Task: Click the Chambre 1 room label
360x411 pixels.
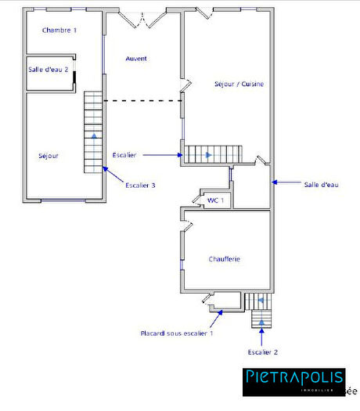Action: pyautogui.click(x=59, y=30)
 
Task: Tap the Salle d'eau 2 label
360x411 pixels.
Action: pyautogui.click(x=49, y=70)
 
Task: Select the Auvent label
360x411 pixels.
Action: pyautogui.click(x=136, y=59)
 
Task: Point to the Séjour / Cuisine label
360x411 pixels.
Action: pyautogui.click(x=239, y=84)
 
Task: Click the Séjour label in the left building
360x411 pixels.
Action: pyautogui.click(x=49, y=156)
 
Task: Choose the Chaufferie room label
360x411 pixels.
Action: pyautogui.click(x=224, y=259)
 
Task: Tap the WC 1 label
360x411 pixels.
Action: pyautogui.click(x=215, y=200)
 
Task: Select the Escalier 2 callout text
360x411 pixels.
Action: pyautogui.click(x=262, y=352)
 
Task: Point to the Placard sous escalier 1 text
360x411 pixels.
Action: pyautogui.click(x=176, y=333)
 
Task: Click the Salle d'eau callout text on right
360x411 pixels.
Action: pyautogui.click(x=321, y=185)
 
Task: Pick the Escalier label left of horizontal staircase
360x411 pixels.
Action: pyautogui.click(x=124, y=155)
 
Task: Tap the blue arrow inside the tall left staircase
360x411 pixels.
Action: pyautogui.click(x=94, y=136)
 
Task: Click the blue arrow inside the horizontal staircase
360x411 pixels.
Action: pyautogui.click(x=208, y=155)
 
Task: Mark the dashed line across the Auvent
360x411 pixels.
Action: pyautogui.click(x=142, y=100)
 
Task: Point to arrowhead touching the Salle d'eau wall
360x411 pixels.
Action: pyautogui.click(x=274, y=183)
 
